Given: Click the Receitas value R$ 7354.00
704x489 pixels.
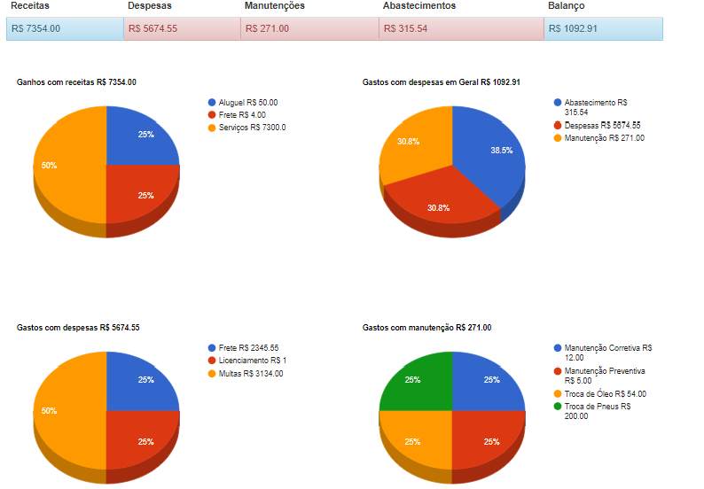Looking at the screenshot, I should click(x=36, y=28).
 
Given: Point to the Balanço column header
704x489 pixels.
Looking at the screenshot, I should click(x=566, y=6).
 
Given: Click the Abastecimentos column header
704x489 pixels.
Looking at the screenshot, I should click(x=419, y=6).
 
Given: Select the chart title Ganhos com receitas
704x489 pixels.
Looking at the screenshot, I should click(x=76, y=82).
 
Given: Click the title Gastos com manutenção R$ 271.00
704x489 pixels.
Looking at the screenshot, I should click(x=426, y=328).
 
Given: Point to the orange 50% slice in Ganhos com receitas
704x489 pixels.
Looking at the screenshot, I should click(x=66, y=168).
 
